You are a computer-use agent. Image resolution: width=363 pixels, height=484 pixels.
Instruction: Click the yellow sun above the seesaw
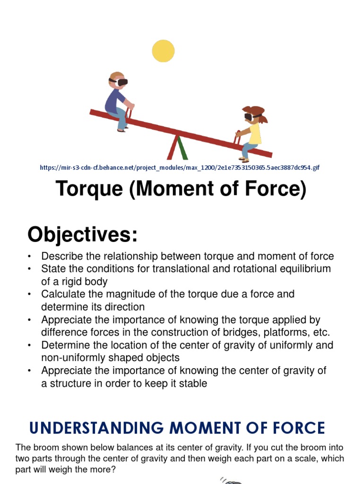(x=163, y=51)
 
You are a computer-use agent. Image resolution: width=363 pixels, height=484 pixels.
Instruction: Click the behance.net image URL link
(x=180, y=167)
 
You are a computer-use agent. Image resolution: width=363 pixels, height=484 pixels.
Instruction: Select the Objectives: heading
(x=82, y=234)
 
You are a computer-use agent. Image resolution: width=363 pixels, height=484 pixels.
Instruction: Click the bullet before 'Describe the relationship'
(x=30, y=257)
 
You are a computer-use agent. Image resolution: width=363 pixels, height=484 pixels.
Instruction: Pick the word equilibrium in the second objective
(x=302, y=269)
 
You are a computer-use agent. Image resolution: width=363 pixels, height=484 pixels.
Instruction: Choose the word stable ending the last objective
(x=192, y=383)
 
